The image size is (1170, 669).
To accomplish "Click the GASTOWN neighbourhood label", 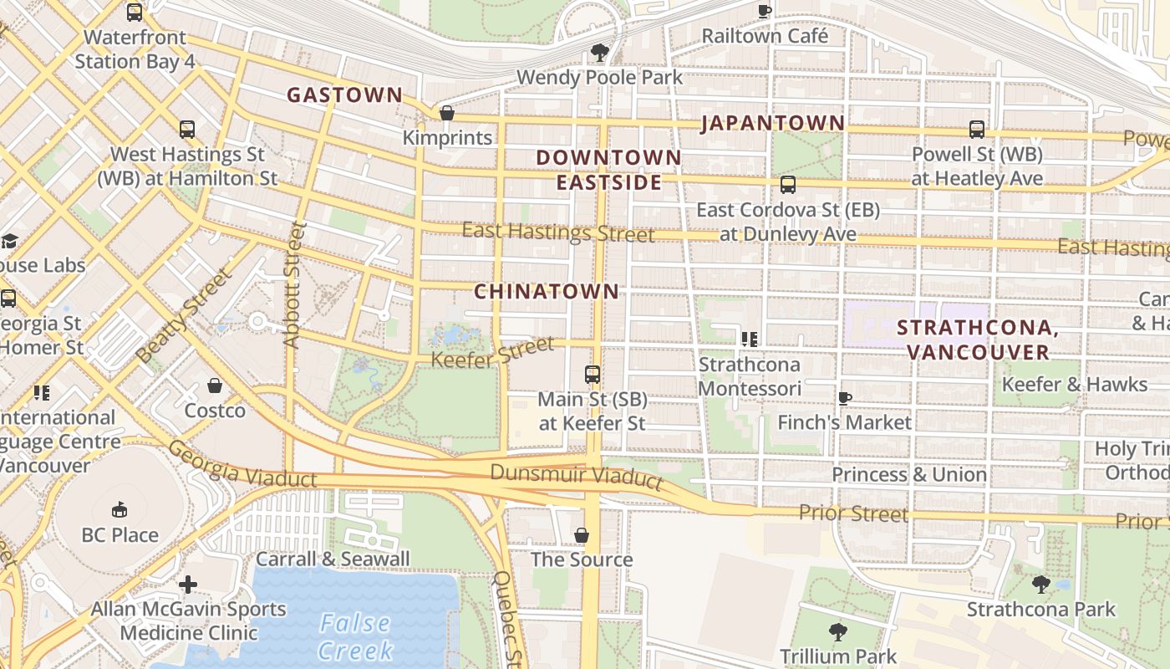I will (x=345, y=95).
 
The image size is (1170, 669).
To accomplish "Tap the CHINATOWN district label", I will (x=547, y=292).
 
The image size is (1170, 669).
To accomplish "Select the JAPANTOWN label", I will (x=773, y=124).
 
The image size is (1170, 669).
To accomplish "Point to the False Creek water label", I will (x=355, y=636).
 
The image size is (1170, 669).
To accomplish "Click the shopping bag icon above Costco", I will (x=215, y=386).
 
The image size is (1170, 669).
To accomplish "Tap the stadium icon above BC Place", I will (x=120, y=509).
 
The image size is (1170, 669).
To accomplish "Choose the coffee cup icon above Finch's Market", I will (x=844, y=397).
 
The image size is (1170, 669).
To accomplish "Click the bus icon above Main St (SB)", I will (x=592, y=374).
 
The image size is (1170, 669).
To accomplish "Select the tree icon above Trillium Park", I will (x=838, y=631).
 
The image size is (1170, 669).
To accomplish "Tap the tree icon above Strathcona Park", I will (x=1040, y=584).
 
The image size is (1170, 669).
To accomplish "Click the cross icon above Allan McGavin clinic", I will (x=188, y=584).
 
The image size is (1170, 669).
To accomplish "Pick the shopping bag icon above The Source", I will (x=582, y=534).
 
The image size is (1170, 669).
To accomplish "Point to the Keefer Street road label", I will (x=492, y=351).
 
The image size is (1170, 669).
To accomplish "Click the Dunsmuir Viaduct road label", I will (x=576, y=476).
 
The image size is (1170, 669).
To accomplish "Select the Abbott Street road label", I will (x=291, y=284).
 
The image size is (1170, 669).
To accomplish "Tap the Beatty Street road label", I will (x=183, y=316).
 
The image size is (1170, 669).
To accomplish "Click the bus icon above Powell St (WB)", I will (x=977, y=130).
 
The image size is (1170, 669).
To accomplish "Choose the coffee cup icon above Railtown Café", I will (x=764, y=11).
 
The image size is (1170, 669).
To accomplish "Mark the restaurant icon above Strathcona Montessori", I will (x=750, y=339).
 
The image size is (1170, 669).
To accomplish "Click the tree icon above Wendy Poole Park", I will (x=599, y=52).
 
